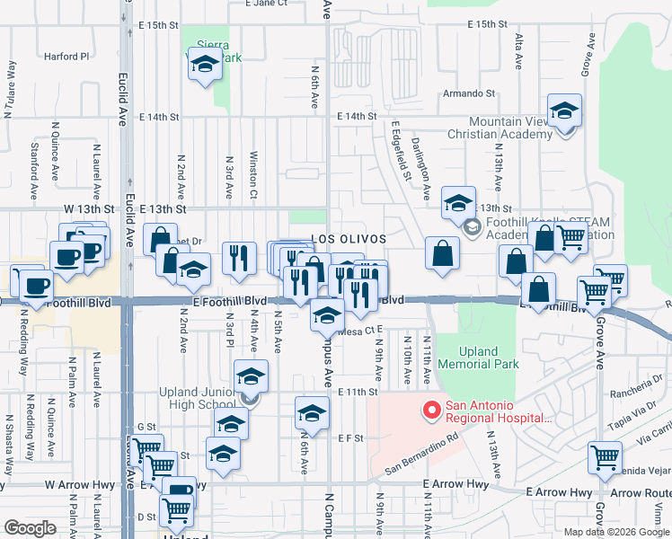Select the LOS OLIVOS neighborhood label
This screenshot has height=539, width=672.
pos(349,239)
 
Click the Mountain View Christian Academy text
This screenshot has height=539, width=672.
pos(510,128)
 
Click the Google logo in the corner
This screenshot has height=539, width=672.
pos(30,527)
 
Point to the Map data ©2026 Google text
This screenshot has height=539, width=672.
pos(615,532)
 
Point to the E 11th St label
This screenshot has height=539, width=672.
pos(357,392)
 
